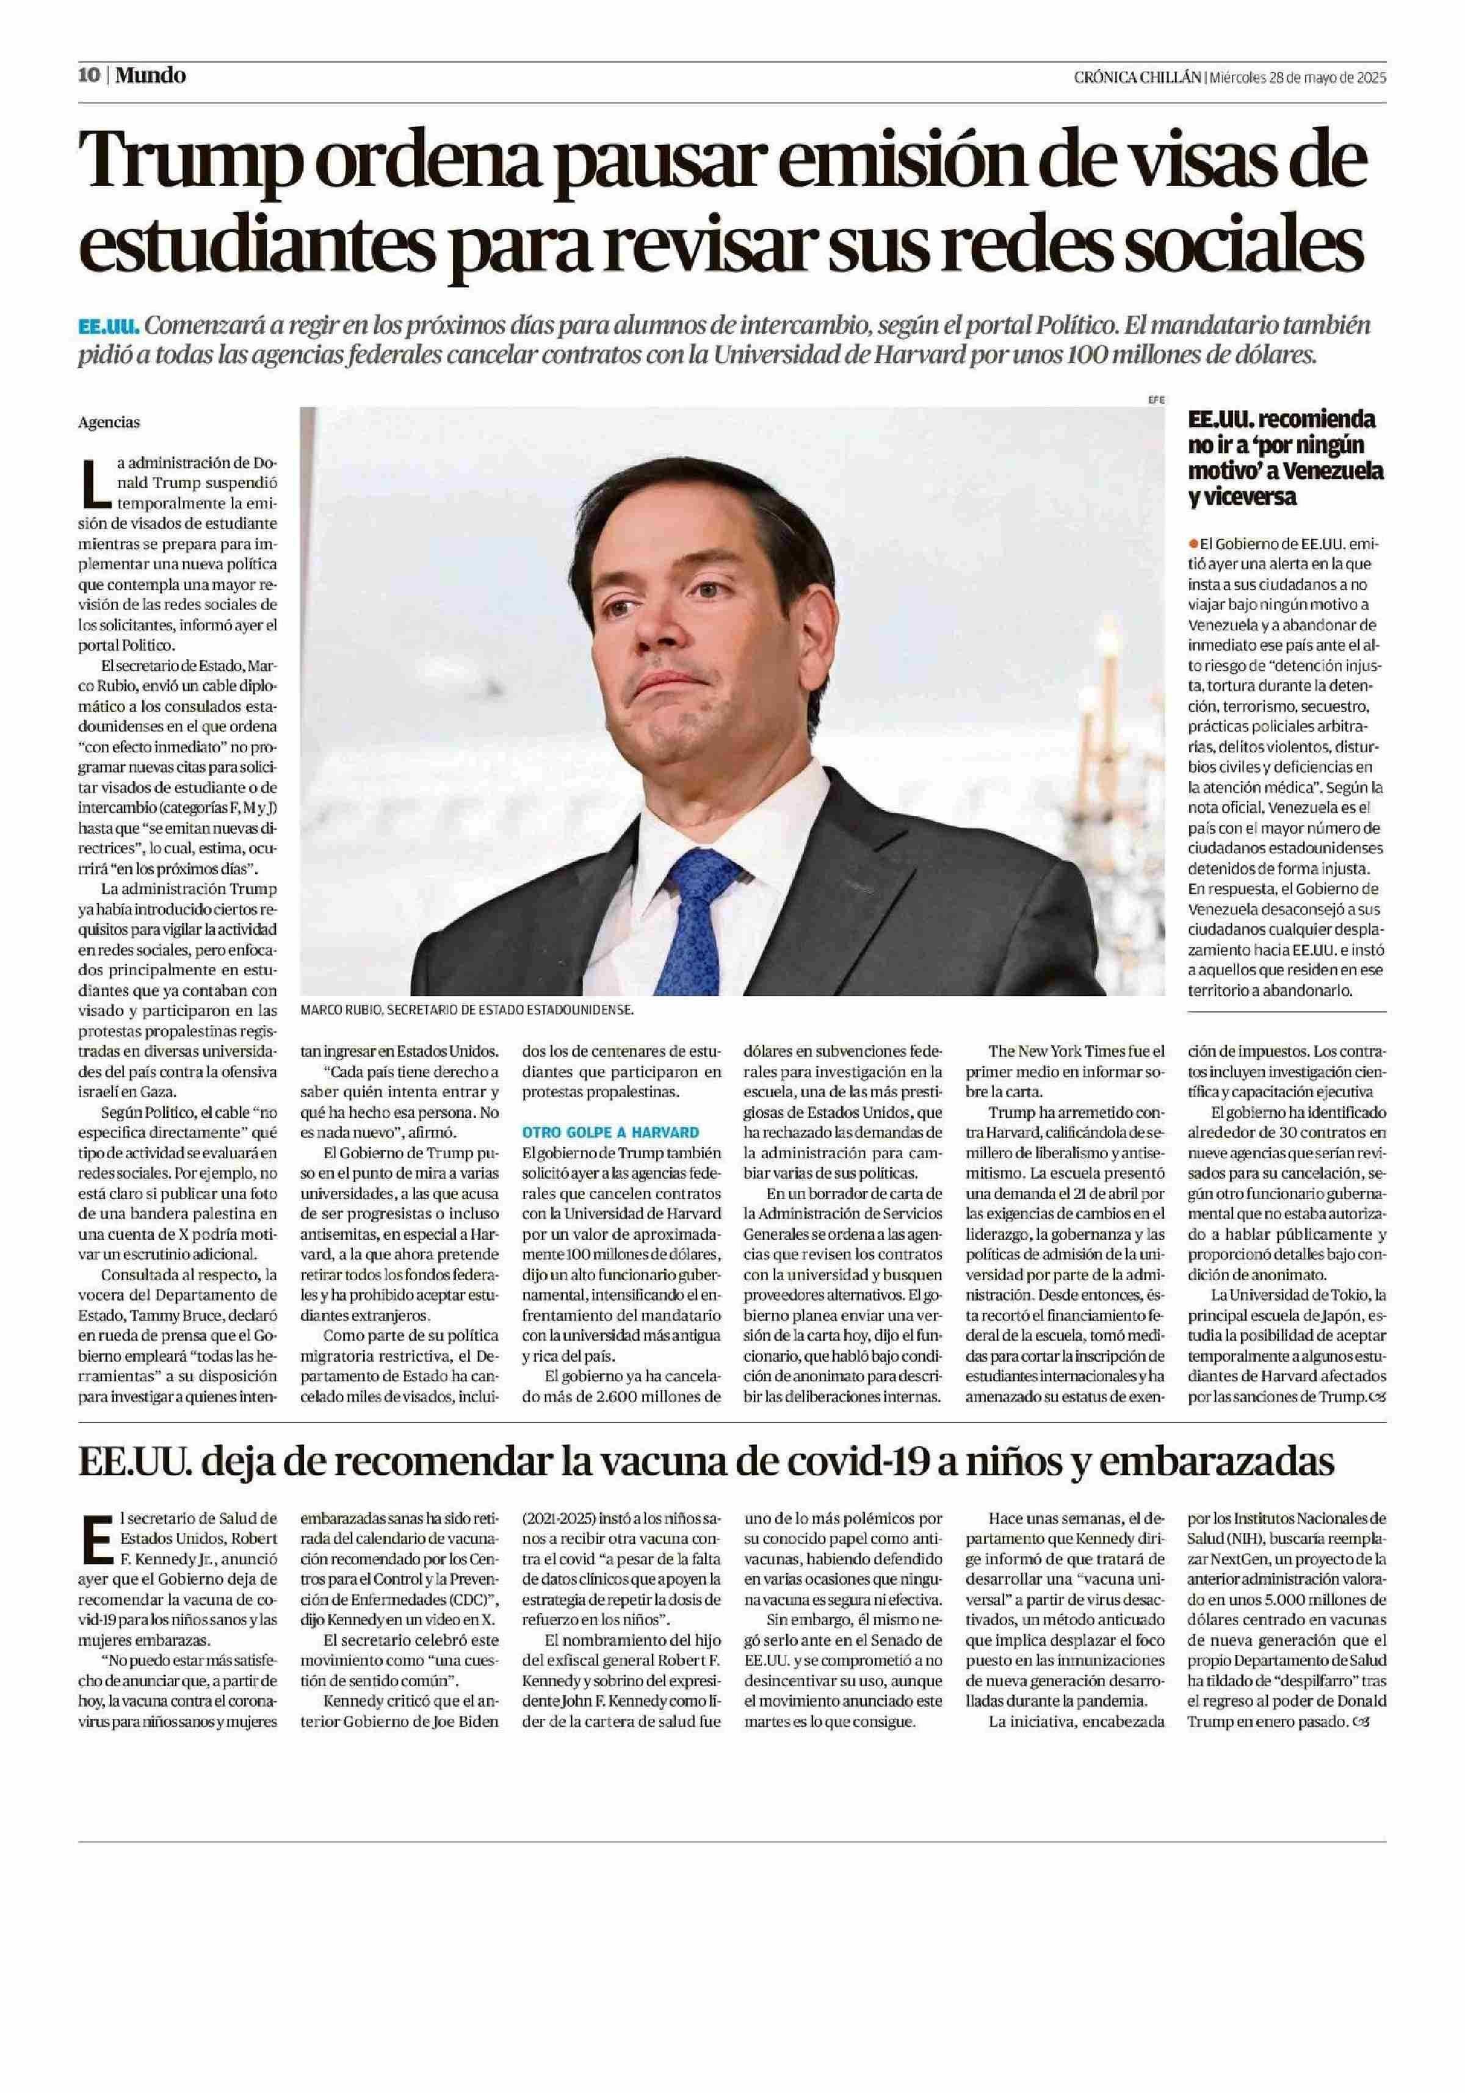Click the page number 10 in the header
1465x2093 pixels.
[89, 76]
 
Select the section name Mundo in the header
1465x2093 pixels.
[150, 76]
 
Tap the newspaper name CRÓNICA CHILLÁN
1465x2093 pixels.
[1137, 78]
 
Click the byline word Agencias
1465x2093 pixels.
[109, 422]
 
